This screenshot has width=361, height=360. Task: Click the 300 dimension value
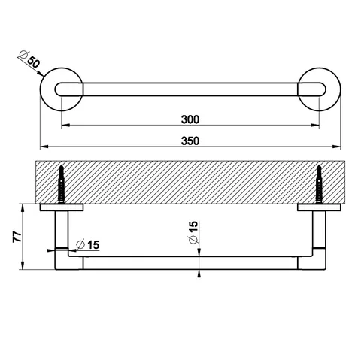[190, 119]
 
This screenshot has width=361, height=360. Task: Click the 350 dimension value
[190, 141]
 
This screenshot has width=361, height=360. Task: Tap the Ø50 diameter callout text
[29, 59]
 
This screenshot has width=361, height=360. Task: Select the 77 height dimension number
[17, 237]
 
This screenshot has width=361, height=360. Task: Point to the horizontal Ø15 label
[88, 244]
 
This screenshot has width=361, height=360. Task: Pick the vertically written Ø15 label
[193, 232]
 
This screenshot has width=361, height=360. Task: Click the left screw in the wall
[62, 184]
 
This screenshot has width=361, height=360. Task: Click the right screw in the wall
[319, 184]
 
